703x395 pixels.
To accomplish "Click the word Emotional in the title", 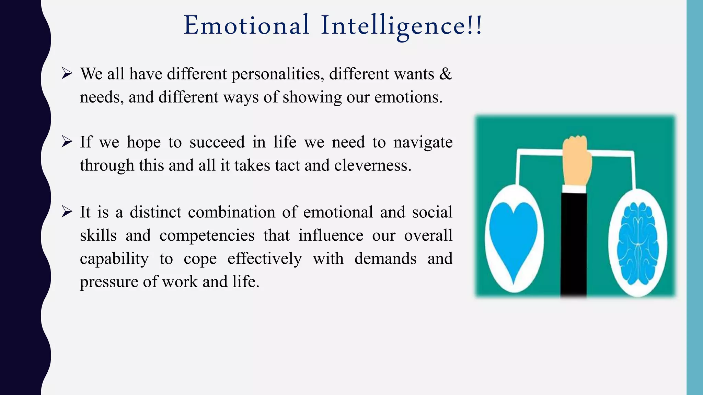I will pyautogui.click(x=246, y=25).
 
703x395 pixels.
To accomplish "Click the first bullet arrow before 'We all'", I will pyautogui.click(x=67, y=73).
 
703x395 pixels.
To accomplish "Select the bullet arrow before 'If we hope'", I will pyautogui.click(x=67, y=142).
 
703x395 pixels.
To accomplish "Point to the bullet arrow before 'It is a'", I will pyautogui.click(x=67, y=212).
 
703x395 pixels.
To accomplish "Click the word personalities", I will pyautogui.click(x=278, y=74).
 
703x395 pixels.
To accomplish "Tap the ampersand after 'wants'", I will pyautogui.click(x=446, y=74).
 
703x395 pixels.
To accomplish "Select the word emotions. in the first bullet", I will pyautogui.click(x=408, y=97).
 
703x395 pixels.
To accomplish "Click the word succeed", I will pyautogui.click(x=217, y=142).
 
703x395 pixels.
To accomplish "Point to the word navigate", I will pyautogui.click(x=423, y=143).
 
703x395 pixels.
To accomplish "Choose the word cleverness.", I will pyautogui.click(x=373, y=166).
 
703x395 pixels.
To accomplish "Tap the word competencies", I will pyautogui.click(x=207, y=236).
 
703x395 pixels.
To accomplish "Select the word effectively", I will pyautogui.click(x=265, y=259).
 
